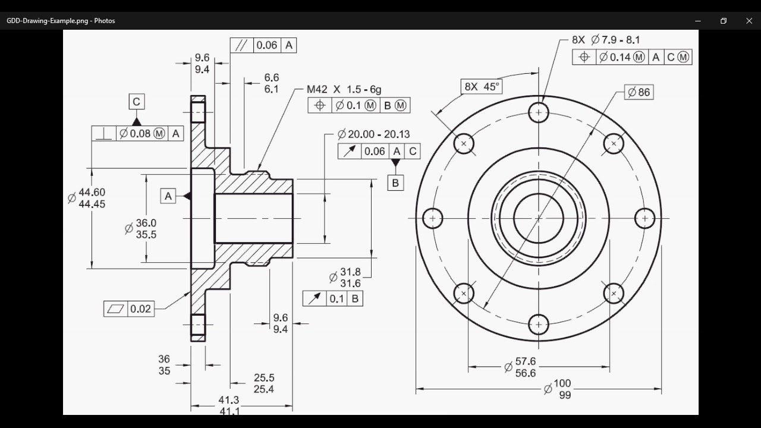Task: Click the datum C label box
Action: tap(136, 102)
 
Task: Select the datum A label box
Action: tap(168, 196)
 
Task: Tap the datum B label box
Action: tap(395, 182)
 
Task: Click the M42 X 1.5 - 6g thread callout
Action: tap(344, 89)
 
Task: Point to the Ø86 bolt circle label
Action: tap(639, 92)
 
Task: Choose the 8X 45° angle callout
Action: tap(482, 86)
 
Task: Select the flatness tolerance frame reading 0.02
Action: tap(128, 309)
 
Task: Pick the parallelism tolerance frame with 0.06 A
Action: tap(263, 45)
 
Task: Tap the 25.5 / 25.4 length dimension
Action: tap(263, 383)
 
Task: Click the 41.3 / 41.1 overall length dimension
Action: tap(229, 405)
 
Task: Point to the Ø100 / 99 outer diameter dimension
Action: tap(558, 389)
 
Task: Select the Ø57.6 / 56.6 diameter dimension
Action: tap(520, 367)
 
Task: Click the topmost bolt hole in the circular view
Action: tap(539, 112)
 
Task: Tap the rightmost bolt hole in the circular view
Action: tap(644, 218)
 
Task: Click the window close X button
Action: tap(749, 21)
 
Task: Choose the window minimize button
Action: tap(697, 21)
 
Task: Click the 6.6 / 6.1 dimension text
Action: tap(271, 83)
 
